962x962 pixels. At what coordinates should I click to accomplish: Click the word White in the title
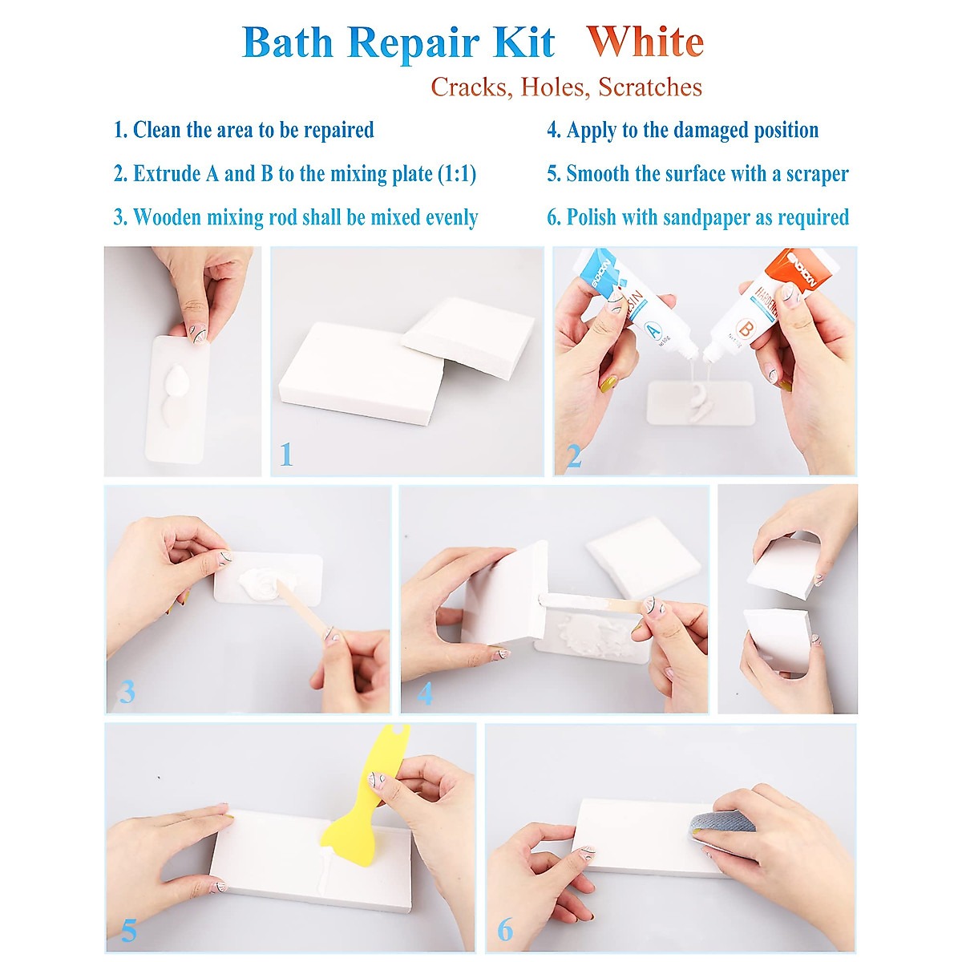pyautogui.click(x=645, y=42)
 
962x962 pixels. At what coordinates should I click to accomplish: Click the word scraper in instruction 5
pyautogui.click(x=817, y=174)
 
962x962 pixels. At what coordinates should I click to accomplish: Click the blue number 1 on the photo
pyautogui.click(x=286, y=455)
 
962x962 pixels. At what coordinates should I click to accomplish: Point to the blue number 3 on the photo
pyautogui.click(x=127, y=691)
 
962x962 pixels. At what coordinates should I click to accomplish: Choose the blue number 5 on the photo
pyautogui.click(x=128, y=930)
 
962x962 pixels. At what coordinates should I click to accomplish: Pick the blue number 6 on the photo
pyautogui.click(x=505, y=930)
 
